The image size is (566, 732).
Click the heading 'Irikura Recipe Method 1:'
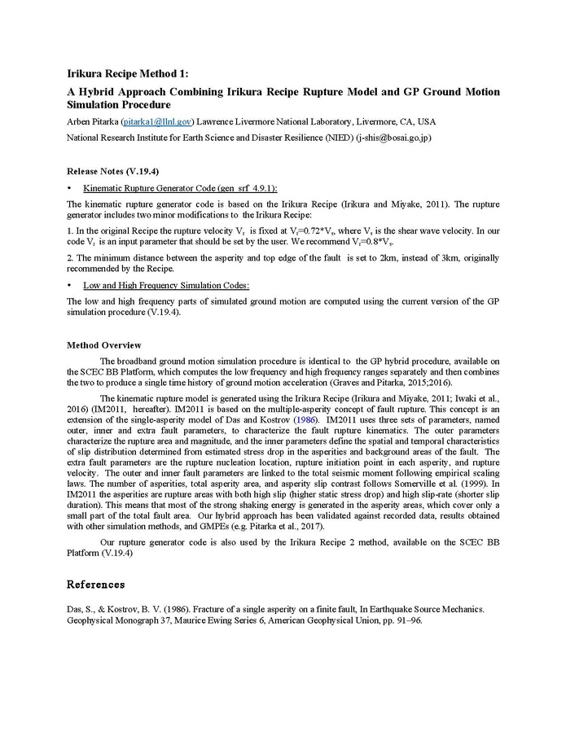pyautogui.click(x=127, y=74)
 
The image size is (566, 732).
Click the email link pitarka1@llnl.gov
pyautogui.click(x=156, y=121)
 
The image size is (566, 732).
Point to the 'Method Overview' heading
pyautogui.click(x=103, y=345)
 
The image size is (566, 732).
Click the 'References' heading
pyautogui.click(x=96, y=585)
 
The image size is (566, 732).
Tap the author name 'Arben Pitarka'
pyautogui.click(x=92, y=121)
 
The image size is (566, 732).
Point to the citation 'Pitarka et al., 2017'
pyautogui.click(x=342, y=526)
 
